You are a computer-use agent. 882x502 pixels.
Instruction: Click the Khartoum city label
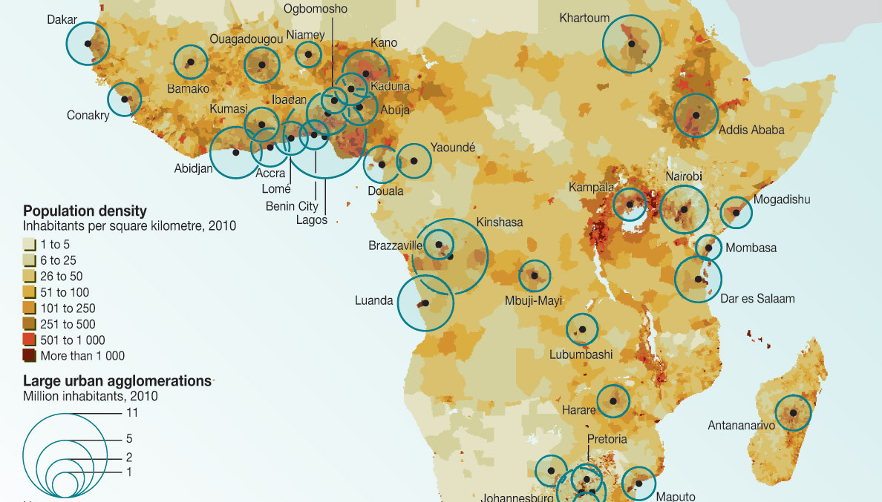584,18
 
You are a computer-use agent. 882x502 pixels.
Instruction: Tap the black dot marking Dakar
88,44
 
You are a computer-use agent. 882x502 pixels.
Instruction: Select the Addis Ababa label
751,130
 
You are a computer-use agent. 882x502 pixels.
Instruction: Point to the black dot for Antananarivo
793,413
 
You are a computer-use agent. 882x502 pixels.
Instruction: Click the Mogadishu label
782,199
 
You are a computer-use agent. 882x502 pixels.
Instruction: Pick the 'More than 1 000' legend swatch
29,356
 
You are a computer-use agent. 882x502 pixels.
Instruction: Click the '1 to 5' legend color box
29,244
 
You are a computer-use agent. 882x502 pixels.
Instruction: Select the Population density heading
85,211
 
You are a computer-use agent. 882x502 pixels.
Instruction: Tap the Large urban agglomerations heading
117,380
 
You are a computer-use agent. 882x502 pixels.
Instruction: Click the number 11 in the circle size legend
131,412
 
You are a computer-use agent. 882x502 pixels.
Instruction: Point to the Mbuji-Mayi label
533,301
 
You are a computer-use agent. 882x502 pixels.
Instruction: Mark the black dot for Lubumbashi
583,329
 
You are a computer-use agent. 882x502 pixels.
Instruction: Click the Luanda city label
374,301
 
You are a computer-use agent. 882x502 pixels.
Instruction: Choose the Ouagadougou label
246,39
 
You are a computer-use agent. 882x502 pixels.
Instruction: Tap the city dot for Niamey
308,53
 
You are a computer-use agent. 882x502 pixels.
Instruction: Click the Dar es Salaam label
757,299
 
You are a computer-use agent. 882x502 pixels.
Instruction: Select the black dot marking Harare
613,401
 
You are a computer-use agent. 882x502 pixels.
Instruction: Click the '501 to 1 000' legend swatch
29,340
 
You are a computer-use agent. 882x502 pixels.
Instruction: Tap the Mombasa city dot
709,248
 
